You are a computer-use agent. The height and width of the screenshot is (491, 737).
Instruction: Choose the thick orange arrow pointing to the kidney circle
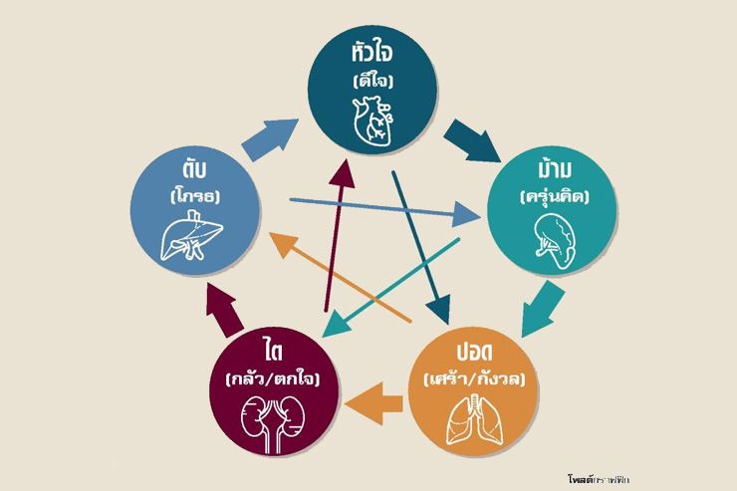376,404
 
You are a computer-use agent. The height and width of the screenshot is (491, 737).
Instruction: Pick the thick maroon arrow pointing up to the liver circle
222,309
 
